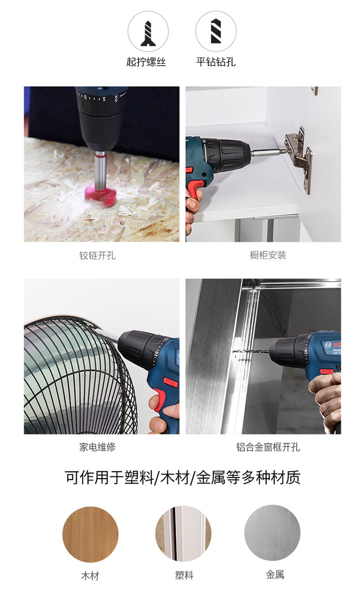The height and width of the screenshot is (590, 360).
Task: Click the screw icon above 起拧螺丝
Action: tap(148, 34)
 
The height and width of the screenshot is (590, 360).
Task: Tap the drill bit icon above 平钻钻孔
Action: tap(216, 31)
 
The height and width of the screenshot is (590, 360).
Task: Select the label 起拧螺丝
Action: tap(146, 62)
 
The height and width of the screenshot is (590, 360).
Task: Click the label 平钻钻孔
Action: tap(216, 62)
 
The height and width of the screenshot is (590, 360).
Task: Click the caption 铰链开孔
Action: tap(98, 255)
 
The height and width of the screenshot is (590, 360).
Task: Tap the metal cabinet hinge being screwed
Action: tap(298, 158)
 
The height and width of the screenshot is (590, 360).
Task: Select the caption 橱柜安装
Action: tap(268, 255)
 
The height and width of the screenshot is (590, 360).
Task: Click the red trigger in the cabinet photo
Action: tap(194, 190)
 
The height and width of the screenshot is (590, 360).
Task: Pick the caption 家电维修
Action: tap(98, 447)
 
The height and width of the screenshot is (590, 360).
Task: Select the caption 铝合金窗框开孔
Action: tap(268, 447)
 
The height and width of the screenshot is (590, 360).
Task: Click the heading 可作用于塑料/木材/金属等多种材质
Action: tap(183, 477)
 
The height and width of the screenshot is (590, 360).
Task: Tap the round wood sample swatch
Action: tap(91, 534)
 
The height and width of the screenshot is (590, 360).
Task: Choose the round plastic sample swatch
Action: tap(183, 533)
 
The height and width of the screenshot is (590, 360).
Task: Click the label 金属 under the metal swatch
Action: tap(275, 574)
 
